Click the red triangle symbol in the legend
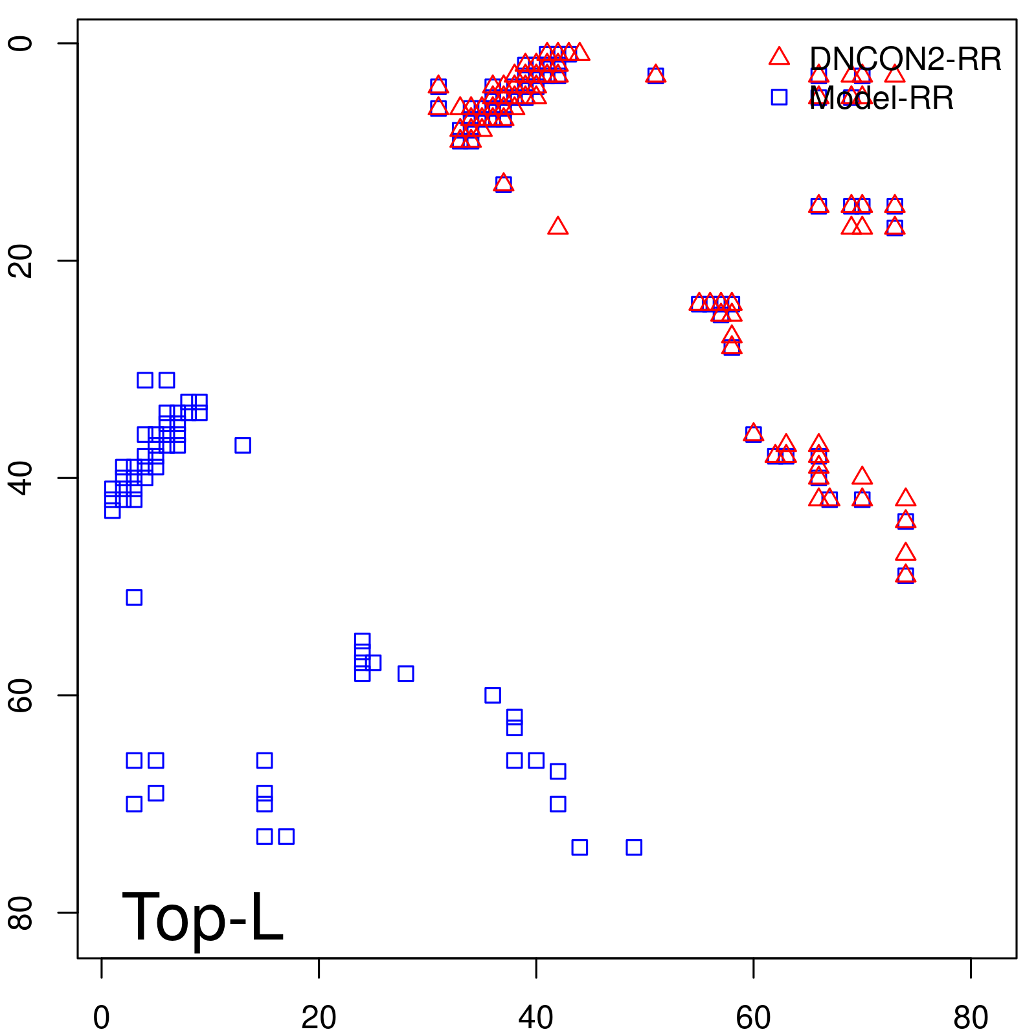click(x=779, y=57)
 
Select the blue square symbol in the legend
click(x=779, y=97)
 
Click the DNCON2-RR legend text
click(x=905, y=60)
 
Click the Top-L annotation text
click(x=203, y=917)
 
